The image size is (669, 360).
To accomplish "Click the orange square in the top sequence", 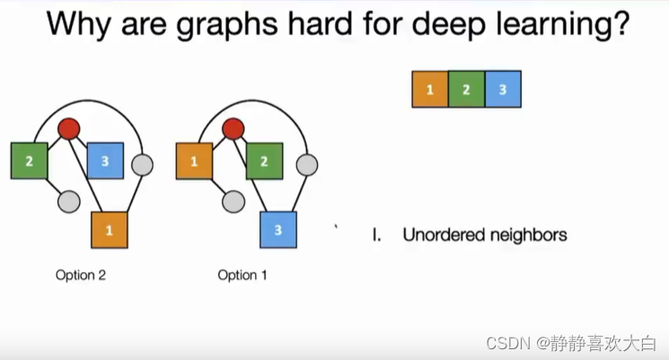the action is pos(430,90).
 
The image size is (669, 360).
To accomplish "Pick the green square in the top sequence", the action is pos(466,90).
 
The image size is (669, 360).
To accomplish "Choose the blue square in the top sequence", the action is pos(502,90).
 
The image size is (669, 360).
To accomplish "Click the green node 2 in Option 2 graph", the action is pos(30,161).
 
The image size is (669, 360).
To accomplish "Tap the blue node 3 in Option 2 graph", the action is pos(105,161).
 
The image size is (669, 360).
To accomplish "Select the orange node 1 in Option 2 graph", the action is pos(110,230).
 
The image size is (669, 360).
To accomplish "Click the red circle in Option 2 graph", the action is pos(69,129).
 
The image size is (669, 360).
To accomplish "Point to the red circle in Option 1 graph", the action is pos(233,129).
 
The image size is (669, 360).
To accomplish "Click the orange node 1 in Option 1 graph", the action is pos(195,161).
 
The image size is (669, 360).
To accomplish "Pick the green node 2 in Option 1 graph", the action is pos(264,162).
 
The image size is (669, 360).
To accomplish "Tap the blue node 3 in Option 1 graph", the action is pos(278,230).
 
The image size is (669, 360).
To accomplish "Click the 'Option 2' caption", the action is pos(81,275).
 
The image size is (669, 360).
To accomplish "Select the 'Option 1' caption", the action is pos(242,275).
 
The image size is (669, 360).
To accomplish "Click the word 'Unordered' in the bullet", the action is pos(444,235).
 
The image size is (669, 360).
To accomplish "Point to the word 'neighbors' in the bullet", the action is pos(528,235).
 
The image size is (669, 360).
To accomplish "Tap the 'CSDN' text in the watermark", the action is pos(505,343).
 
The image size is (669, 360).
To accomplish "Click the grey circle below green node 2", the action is pos(68,202).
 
